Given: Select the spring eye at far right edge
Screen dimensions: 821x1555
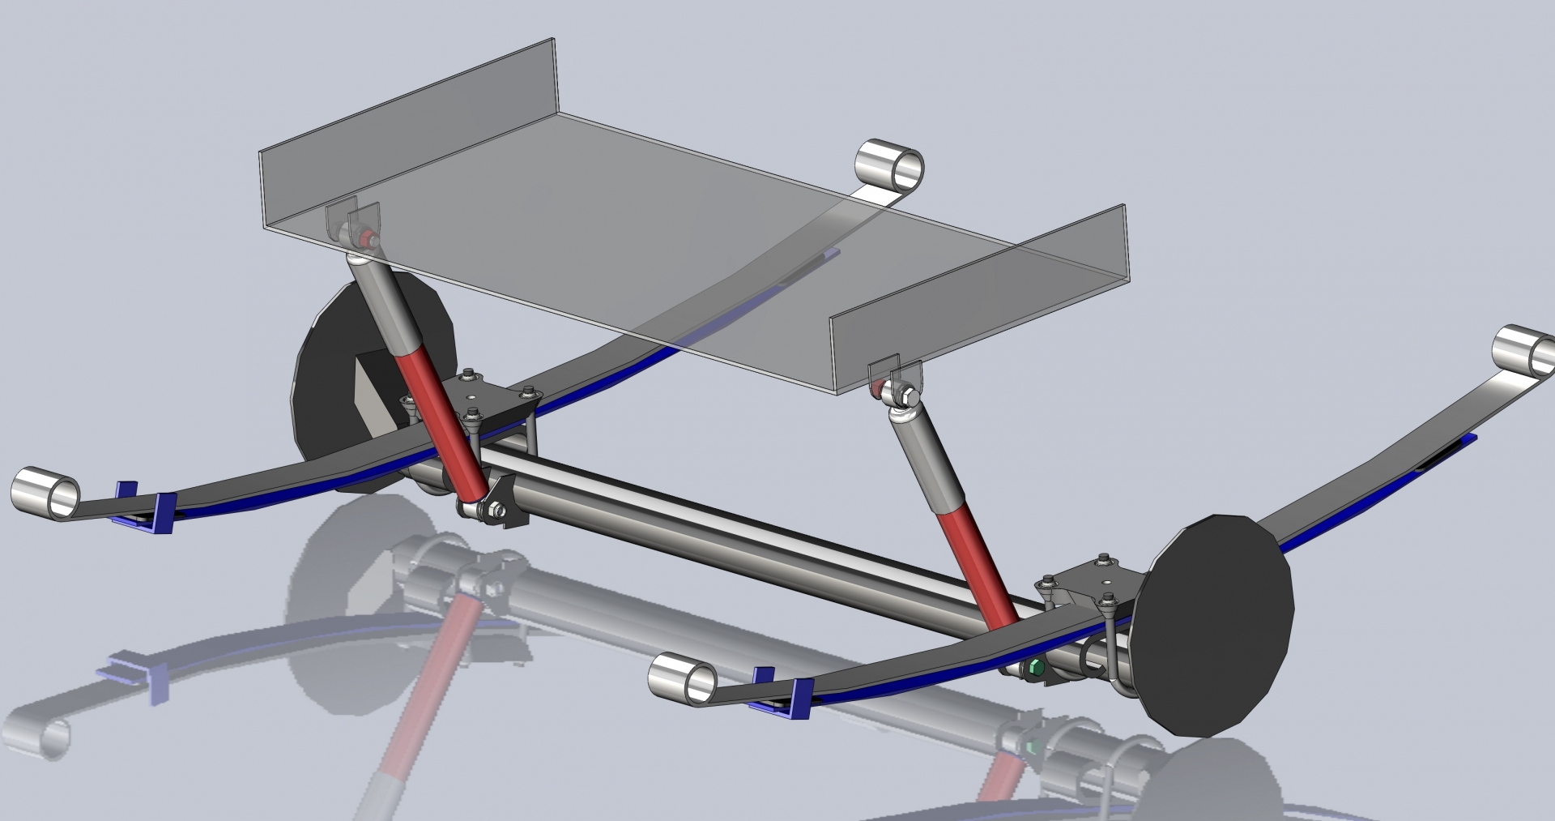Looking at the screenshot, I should tap(1523, 354).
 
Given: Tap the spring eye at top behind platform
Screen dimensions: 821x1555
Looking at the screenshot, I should tap(890, 165).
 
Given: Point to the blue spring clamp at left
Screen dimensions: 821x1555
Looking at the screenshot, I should tap(146, 511).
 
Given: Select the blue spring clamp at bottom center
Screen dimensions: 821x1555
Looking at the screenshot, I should tap(782, 693).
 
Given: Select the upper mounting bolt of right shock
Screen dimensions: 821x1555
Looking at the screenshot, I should tap(907, 396).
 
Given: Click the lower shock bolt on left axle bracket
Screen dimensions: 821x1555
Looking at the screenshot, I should tap(492, 511).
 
